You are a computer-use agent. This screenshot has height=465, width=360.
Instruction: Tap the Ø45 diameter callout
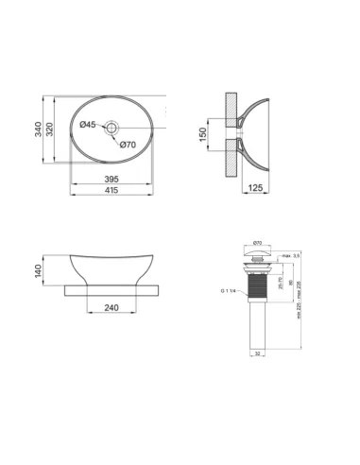(x=87, y=125)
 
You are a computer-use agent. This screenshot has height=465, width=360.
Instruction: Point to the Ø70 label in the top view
(x=129, y=144)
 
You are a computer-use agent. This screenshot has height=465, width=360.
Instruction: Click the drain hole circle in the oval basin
(x=112, y=125)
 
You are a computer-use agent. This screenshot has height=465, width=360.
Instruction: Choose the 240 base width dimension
(x=112, y=308)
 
